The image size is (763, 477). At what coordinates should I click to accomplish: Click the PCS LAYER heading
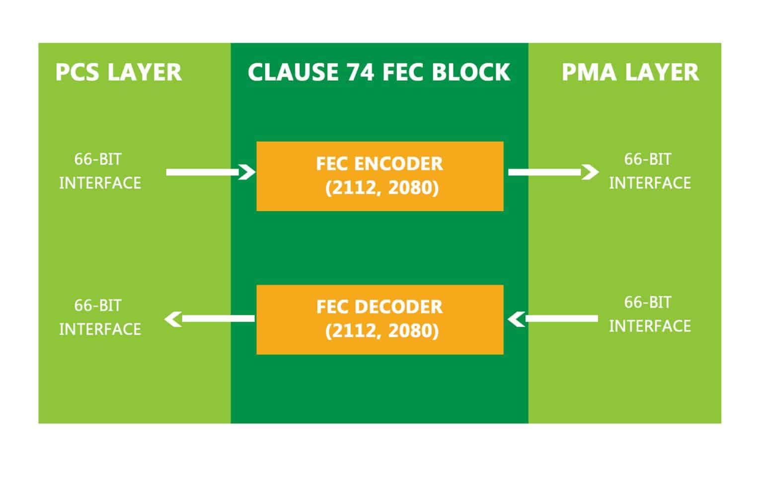[x=118, y=72]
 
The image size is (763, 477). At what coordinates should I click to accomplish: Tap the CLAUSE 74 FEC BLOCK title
[x=379, y=72]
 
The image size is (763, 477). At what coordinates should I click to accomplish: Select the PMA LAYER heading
[x=630, y=72]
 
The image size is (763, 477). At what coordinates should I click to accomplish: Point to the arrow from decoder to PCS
[x=209, y=318]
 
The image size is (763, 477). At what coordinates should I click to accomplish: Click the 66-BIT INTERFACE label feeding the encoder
[x=100, y=171]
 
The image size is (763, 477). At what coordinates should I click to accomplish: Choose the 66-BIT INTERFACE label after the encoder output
[x=650, y=171]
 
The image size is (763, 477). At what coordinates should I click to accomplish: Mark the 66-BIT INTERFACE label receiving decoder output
[x=100, y=317]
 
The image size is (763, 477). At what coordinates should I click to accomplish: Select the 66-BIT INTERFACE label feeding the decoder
[x=650, y=314]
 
